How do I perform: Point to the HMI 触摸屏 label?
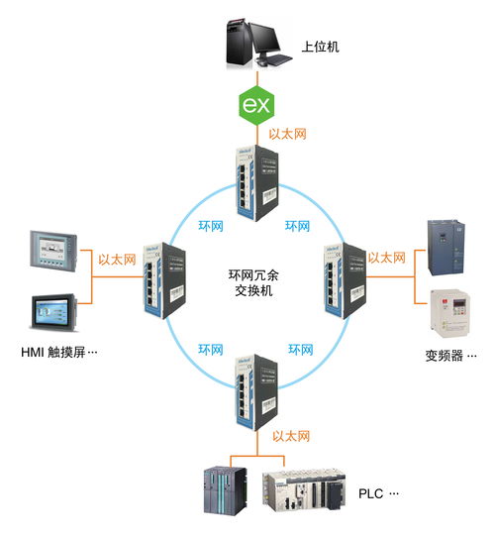coord(60,352)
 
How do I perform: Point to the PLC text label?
coord(376,492)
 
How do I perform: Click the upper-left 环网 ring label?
coord(208,226)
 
